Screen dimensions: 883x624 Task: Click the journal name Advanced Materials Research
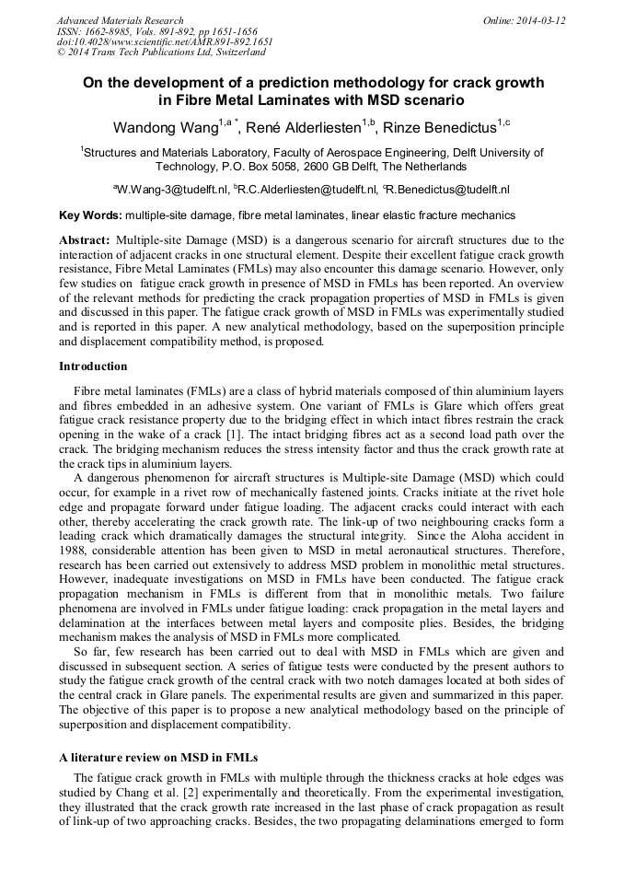pos(120,20)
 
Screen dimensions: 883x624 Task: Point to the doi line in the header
pos(164,42)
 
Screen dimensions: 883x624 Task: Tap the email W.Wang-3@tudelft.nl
pos(172,190)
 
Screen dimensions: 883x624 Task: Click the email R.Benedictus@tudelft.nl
pos(449,190)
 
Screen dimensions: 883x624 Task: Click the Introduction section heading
pos(93,366)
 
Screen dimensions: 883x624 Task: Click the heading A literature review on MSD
pos(157,757)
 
